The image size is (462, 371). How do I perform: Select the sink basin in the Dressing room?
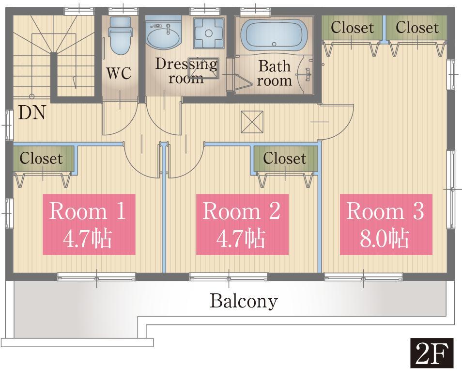[163, 35]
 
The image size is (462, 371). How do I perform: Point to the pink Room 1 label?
[88, 224]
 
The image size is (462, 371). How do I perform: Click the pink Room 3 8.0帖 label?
[385, 224]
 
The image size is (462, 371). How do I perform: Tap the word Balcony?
[244, 301]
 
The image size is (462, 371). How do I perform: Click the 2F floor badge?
[432, 354]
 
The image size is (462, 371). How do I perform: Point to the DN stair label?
[32, 113]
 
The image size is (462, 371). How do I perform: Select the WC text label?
[119, 73]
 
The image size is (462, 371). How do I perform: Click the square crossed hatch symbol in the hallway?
[252, 121]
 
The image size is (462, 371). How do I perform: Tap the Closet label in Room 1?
[41, 159]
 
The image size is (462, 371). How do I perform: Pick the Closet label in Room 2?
[284, 159]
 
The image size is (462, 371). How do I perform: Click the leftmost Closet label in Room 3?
[352, 28]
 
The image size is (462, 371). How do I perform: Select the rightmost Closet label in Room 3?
[416, 28]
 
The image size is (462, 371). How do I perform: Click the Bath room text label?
[274, 73]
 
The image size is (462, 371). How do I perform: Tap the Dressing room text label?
[186, 71]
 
